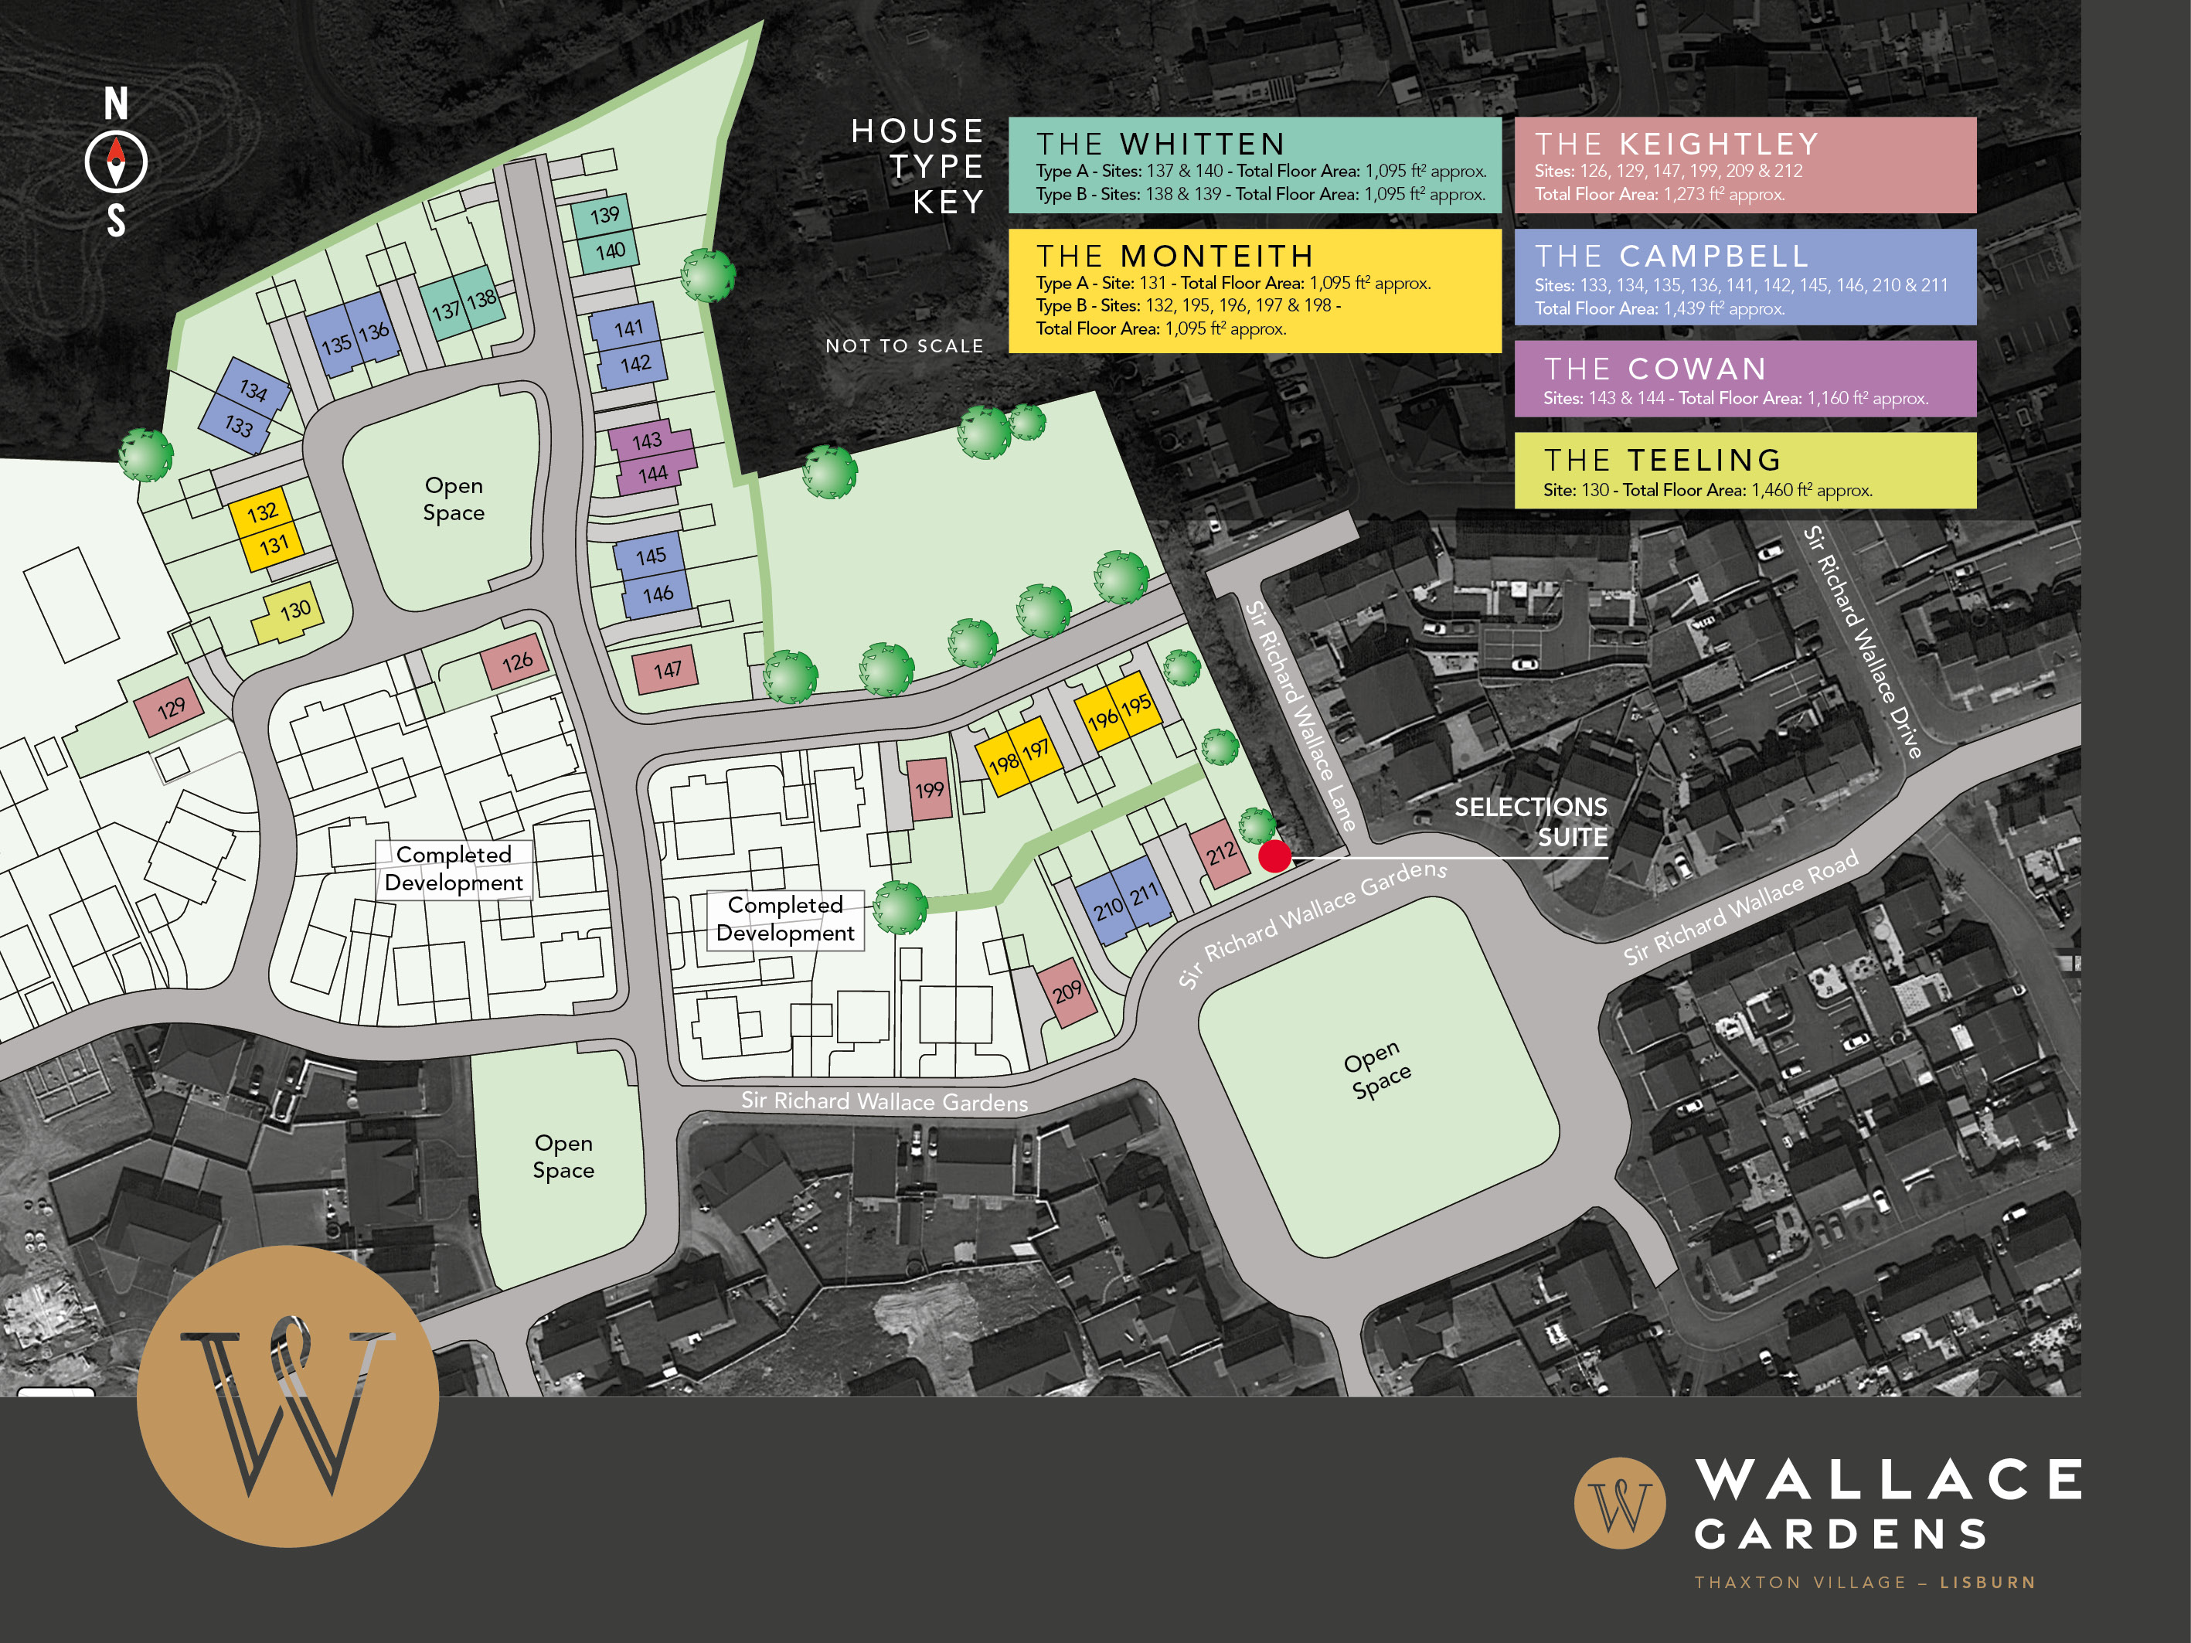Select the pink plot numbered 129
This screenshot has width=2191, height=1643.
tap(169, 707)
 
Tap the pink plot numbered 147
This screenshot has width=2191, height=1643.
tap(665, 672)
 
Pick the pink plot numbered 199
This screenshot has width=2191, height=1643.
tap(929, 789)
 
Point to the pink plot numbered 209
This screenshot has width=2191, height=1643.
tap(1067, 992)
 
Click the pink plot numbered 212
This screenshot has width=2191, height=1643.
tap(1220, 852)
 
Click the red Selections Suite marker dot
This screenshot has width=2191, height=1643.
tap(1274, 856)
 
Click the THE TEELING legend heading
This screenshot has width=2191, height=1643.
tap(1663, 461)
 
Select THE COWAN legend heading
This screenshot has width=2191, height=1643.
tap(1656, 369)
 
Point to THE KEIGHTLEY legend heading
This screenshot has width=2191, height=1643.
tap(1677, 145)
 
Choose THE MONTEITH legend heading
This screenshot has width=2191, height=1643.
tap(1175, 257)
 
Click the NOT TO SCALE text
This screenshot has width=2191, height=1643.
tap(904, 345)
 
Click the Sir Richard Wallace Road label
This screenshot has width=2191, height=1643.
tap(1740, 907)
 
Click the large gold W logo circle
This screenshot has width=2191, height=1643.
tap(287, 1396)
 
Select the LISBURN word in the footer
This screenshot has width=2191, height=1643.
tap(1987, 1583)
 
